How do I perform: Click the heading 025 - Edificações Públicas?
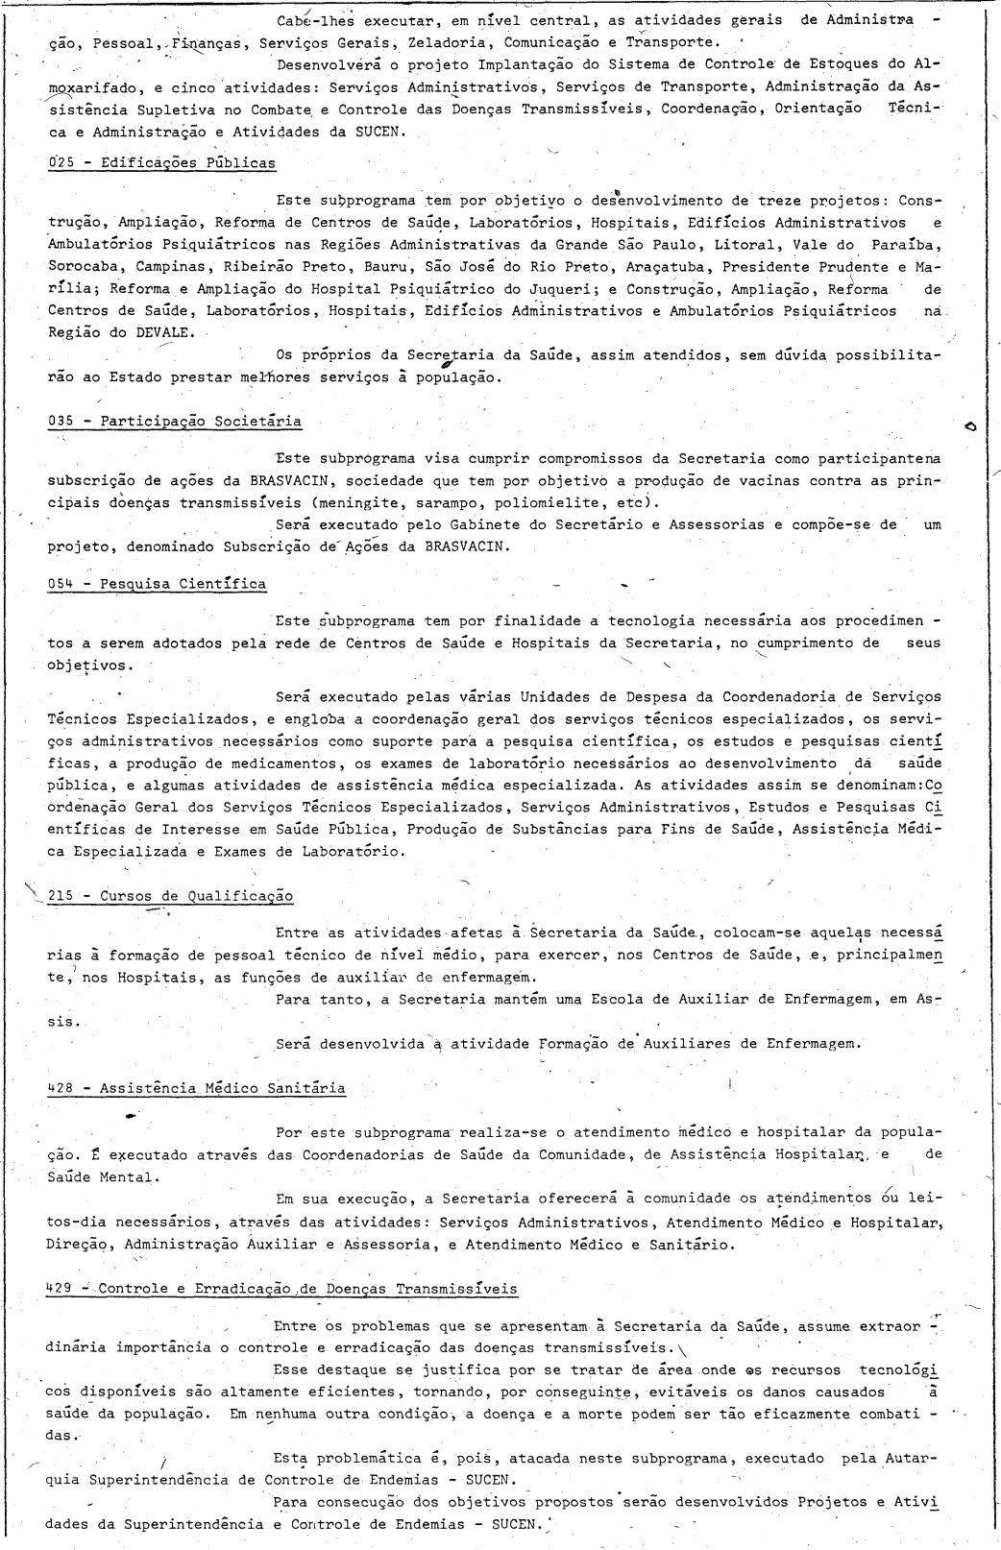[161, 162]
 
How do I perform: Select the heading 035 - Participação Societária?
[174, 421]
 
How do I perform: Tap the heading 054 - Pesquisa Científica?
[157, 583]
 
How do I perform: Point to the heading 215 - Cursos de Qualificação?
[170, 896]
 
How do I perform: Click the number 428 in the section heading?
[61, 1087]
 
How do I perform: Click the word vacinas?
[708, 480]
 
